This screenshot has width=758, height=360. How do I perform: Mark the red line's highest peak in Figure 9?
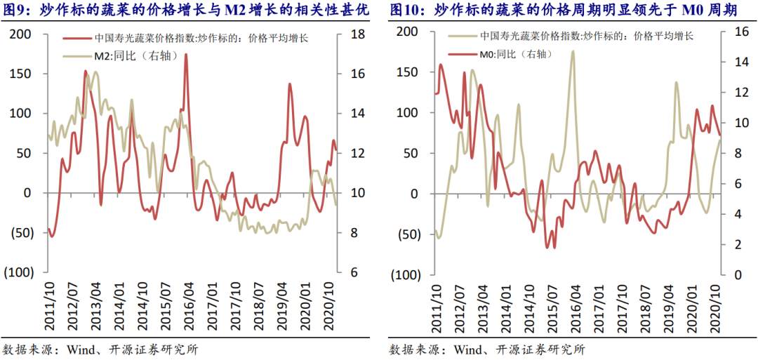pos(186,54)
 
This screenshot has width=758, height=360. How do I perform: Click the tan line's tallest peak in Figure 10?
pos(573,51)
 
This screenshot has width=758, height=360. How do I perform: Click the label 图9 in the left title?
pos(13,10)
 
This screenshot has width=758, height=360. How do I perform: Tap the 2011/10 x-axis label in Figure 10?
pos(437,304)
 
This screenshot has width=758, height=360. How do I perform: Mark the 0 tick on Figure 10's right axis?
pos(729,274)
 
